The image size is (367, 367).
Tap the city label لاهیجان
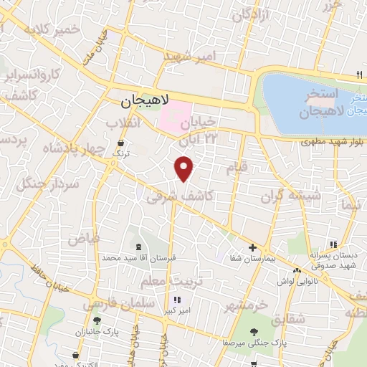[138, 103]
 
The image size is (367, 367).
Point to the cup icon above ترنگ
[120, 143]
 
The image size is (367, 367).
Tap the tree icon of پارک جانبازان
[96, 321]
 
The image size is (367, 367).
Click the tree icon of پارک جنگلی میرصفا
[254, 330]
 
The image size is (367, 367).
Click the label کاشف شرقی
[170, 195]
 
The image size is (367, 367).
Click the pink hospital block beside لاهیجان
[173, 116]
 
